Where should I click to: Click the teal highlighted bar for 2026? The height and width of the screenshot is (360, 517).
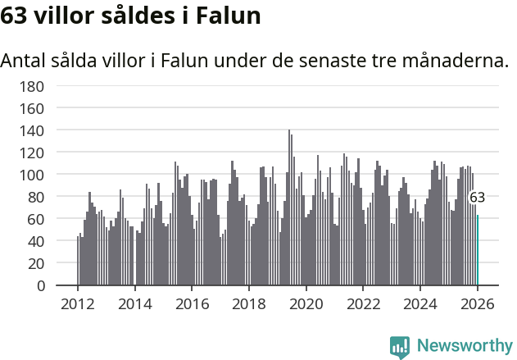478,250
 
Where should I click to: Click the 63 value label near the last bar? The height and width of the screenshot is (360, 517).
477,198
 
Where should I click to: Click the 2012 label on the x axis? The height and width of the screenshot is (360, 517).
78,304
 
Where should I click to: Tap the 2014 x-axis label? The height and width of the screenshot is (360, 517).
135,304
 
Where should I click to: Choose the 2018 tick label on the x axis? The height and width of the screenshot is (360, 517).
249,304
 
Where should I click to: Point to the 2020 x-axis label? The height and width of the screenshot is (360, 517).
306,304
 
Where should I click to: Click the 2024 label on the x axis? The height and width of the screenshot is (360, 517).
420,304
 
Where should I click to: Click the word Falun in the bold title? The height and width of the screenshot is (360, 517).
231,16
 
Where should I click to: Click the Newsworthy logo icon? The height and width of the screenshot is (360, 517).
400,346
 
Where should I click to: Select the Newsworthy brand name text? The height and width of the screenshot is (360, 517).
465,346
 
